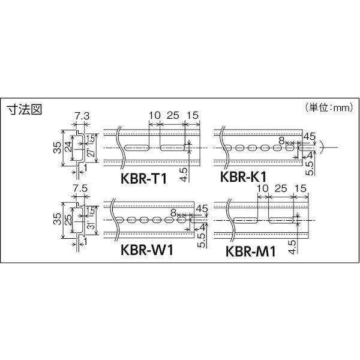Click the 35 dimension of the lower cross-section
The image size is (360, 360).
coord(55,221)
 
